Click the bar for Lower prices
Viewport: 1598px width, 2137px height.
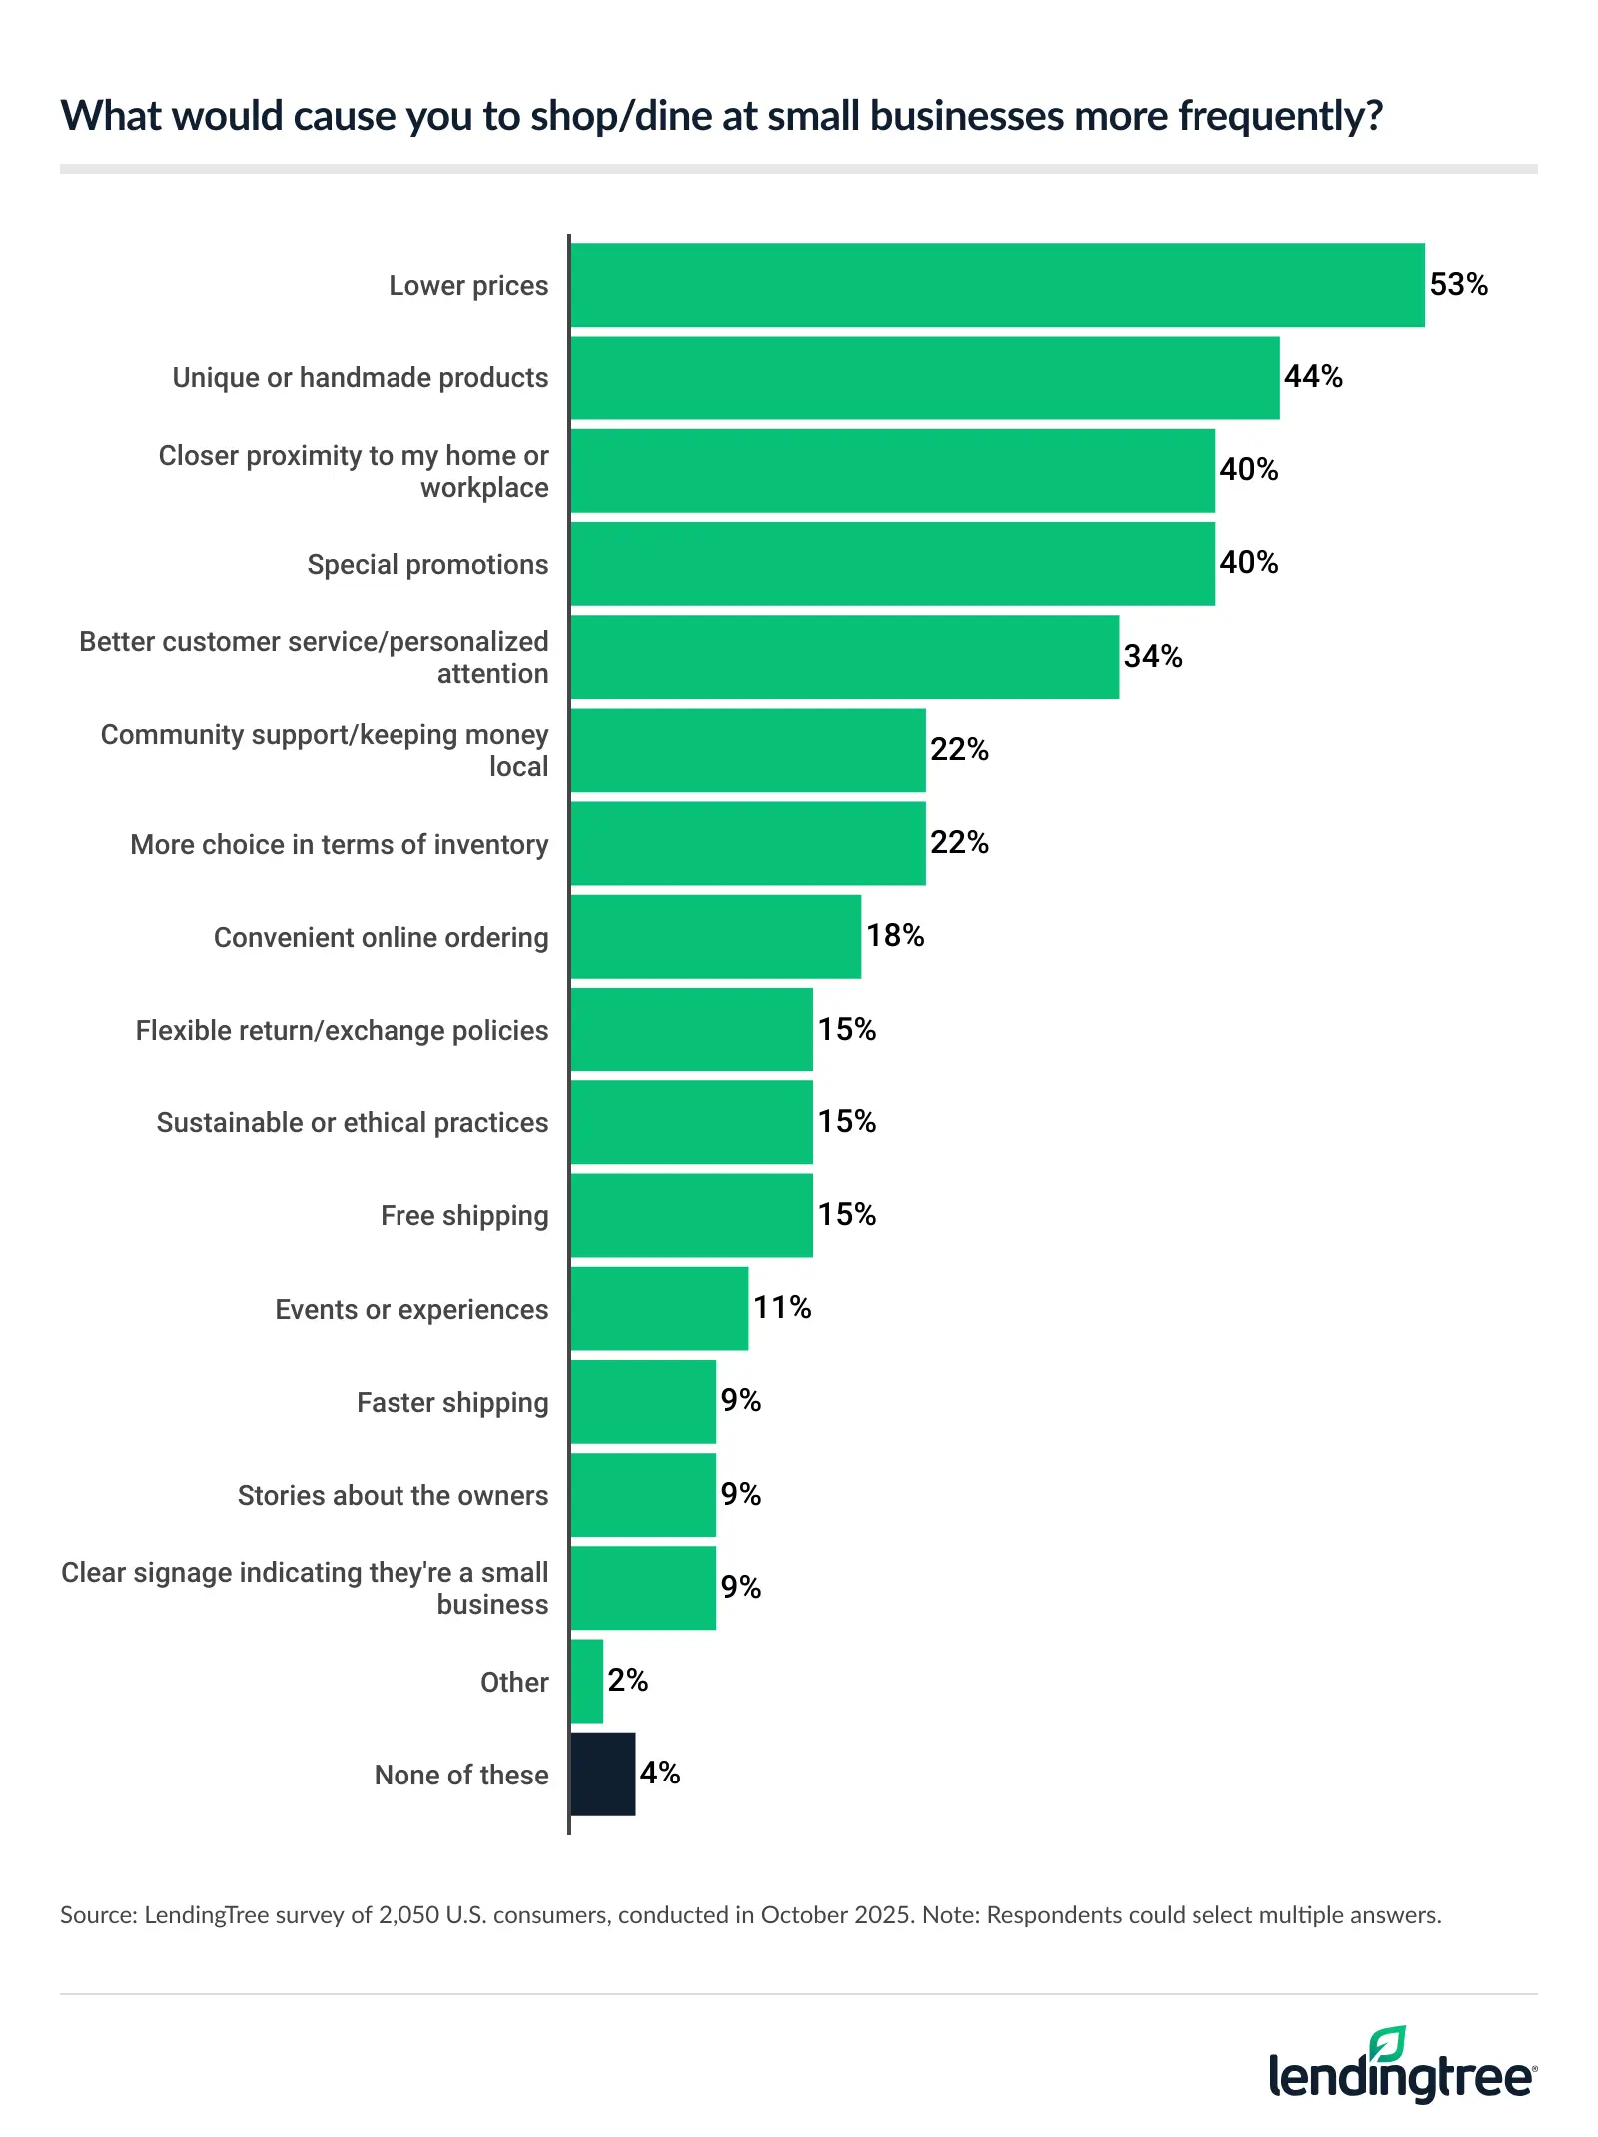pyautogui.click(x=997, y=285)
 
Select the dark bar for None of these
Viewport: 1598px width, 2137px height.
pyautogui.click(x=603, y=1774)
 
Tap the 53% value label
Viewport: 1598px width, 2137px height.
pyautogui.click(x=1458, y=285)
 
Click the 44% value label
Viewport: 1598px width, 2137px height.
pyautogui.click(x=1313, y=377)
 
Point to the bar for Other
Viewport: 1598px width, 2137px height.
pyautogui.click(x=587, y=1681)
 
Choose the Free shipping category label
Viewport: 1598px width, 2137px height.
pyautogui.click(x=464, y=1215)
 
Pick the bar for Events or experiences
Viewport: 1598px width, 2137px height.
pyautogui.click(x=659, y=1308)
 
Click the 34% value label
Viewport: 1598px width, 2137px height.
pyautogui.click(x=1153, y=656)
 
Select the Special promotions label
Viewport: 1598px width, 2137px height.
pyautogui.click(x=427, y=564)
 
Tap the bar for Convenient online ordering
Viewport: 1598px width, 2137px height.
pyautogui.click(x=715, y=936)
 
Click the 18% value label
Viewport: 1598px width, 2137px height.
pyautogui.click(x=895, y=936)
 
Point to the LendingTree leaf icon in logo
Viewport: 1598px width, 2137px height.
pyautogui.click(x=1388, y=2044)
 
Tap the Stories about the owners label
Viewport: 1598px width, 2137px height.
pyautogui.click(x=393, y=1495)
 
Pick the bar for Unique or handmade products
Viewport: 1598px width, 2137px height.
pyautogui.click(x=925, y=377)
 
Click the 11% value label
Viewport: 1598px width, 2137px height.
pyautogui.click(x=782, y=1308)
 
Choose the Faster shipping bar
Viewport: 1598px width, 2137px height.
pyautogui.click(x=643, y=1401)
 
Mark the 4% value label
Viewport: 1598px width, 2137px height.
pyautogui.click(x=660, y=1774)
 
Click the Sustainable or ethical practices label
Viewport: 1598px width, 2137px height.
pyautogui.click(x=353, y=1122)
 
